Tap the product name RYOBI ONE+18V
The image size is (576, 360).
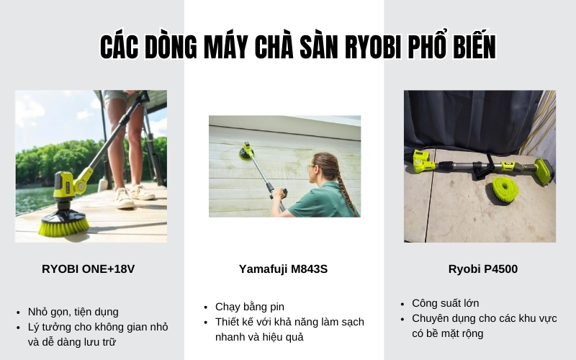[x=88, y=269]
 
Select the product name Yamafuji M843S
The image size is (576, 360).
[x=283, y=269]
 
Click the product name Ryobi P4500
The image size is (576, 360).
[x=482, y=269]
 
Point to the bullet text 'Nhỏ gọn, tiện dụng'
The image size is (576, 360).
[x=73, y=312]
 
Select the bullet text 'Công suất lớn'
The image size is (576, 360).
[x=445, y=302]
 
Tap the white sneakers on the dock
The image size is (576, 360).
[x=134, y=194]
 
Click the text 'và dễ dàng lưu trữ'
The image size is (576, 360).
[x=73, y=342]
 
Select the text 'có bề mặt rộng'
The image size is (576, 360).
[x=447, y=333]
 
